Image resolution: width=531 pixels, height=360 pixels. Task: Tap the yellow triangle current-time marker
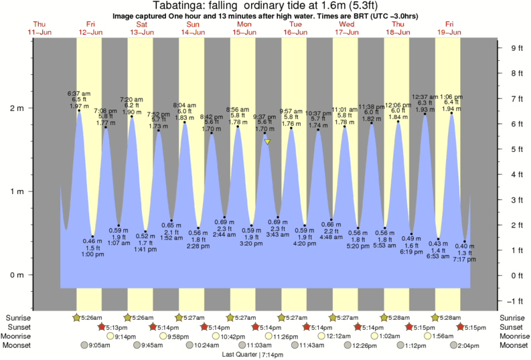(267, 142)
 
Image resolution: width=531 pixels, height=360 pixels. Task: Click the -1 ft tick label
(516, 300)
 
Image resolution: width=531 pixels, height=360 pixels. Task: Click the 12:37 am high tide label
(425, 96)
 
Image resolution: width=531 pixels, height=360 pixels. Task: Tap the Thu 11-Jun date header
(40, 28)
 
